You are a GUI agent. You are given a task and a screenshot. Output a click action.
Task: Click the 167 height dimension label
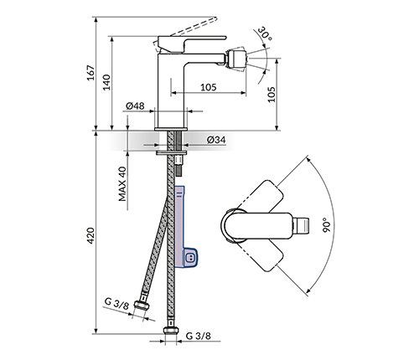click(91, 73)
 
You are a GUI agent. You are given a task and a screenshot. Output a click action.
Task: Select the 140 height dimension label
click(106, 82)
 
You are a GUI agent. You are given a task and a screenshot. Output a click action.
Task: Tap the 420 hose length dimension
click(91, 236)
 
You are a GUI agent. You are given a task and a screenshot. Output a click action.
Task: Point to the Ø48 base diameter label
click(135, 105)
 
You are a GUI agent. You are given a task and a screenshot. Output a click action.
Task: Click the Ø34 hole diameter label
click(216, 140)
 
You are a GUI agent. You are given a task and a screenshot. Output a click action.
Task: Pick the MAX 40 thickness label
click(122, 184)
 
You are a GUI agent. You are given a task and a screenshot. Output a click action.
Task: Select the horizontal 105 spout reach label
click(209, 87)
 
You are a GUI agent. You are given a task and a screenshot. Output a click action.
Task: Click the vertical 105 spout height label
click(272, 95)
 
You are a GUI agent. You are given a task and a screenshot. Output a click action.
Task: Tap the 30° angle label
click(265, 33)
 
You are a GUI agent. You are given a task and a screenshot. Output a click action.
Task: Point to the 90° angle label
click(326, 225)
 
